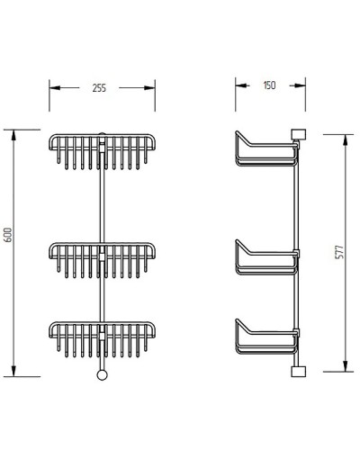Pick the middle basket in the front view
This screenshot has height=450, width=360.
(103, 256)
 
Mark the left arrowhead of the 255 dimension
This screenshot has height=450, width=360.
(52, 88)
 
